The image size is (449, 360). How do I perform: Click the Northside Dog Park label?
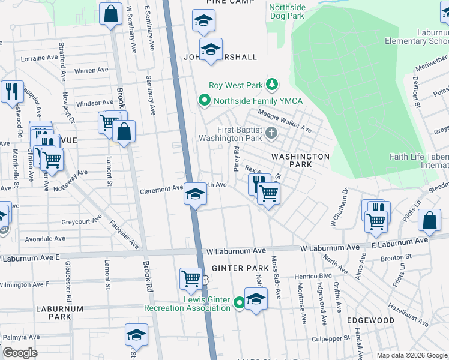coord(287,11)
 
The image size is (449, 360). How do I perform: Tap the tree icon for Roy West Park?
coord(272,85)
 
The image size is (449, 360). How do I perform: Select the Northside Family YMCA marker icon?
coord(205,100)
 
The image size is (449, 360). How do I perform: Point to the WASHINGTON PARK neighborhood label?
coord(300,160)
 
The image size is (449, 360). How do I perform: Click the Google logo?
coord(20,353)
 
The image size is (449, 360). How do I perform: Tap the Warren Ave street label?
coord(91,70)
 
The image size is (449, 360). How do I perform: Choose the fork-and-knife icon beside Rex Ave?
coord(259,182)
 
